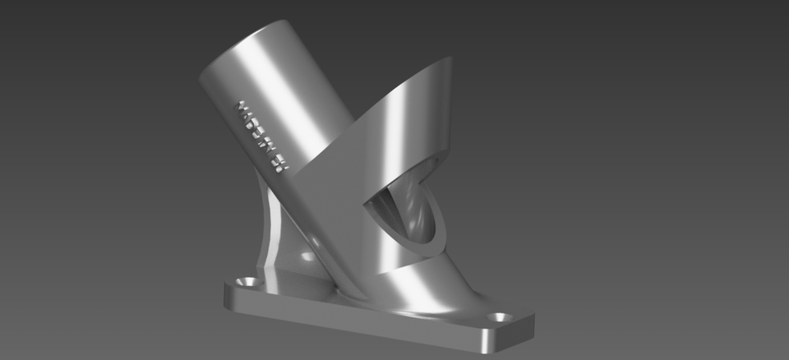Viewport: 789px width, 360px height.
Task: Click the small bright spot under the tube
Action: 307,256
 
